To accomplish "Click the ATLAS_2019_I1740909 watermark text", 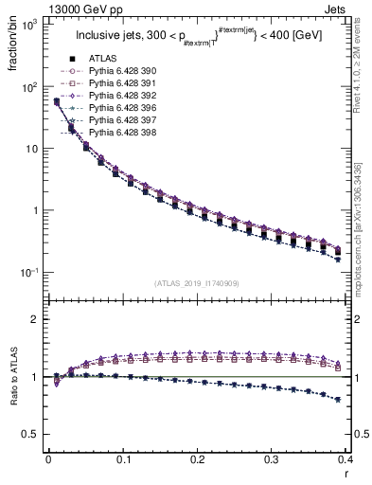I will [197, 283].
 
